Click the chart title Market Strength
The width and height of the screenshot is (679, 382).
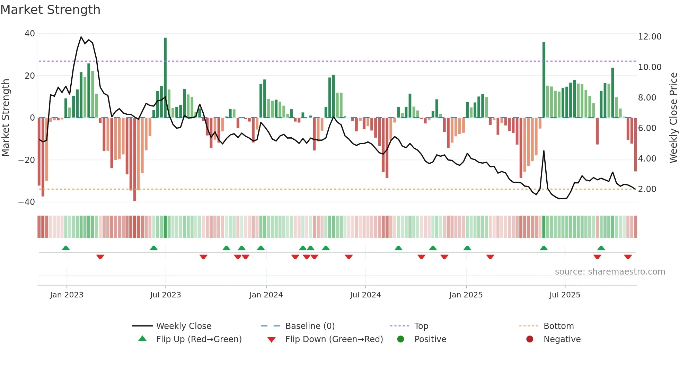[x=50, y=10]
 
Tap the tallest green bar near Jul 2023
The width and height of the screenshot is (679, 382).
[x=165, y=78]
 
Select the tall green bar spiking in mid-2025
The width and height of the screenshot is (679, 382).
[x=544, y=80]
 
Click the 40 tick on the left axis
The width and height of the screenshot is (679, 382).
[x=30, y=34]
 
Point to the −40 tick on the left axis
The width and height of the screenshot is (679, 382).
[x=27, y=202]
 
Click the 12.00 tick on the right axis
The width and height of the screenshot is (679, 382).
[x=650, y=37]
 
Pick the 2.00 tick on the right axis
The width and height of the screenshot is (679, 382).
[x=647, y=189]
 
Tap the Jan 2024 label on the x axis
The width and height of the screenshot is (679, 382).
[x=266, y=295]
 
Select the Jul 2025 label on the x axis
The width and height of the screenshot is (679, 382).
[x=564, y=295]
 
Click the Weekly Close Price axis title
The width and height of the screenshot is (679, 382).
[x=673, y=118]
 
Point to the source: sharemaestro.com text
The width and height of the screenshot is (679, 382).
[x=610, y=272]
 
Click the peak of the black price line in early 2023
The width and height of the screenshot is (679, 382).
[x=81, y=37]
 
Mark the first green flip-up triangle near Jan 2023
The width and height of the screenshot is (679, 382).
[x=66, y=248]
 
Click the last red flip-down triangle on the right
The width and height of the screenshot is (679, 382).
[x=628, y=257]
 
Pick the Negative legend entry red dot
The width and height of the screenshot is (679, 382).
[x=529, y=339]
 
